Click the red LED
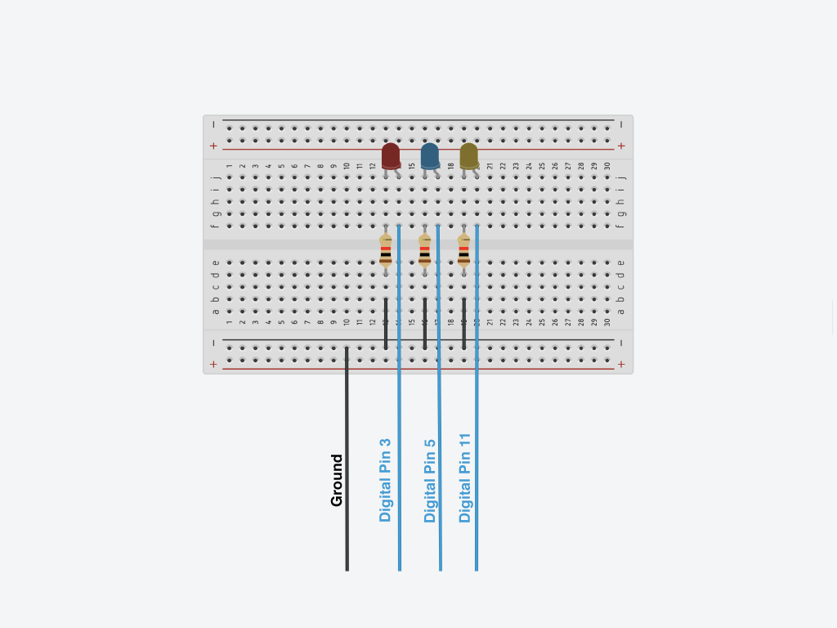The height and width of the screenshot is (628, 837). point(391,155)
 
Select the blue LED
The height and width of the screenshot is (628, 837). point(429,155)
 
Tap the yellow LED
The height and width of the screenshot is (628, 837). point(468,155)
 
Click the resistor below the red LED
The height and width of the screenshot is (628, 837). point(386,250)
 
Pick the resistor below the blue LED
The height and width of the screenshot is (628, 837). point(424,250)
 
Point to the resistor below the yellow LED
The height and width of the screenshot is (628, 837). point(463,250)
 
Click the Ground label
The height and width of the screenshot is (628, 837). point(337,480)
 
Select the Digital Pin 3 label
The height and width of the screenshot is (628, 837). point(386,480)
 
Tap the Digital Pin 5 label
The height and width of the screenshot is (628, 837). point(430,480)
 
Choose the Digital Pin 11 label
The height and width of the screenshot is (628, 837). point(465,478)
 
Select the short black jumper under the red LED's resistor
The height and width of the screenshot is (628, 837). point(386,324)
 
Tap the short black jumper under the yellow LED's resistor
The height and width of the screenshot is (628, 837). point(463,324)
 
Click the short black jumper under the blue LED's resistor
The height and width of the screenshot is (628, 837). point(424,324)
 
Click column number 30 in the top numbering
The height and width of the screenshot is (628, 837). point(607,166)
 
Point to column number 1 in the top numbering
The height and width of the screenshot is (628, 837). point(230,166)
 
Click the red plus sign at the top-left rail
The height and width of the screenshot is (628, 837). point(213,146)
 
